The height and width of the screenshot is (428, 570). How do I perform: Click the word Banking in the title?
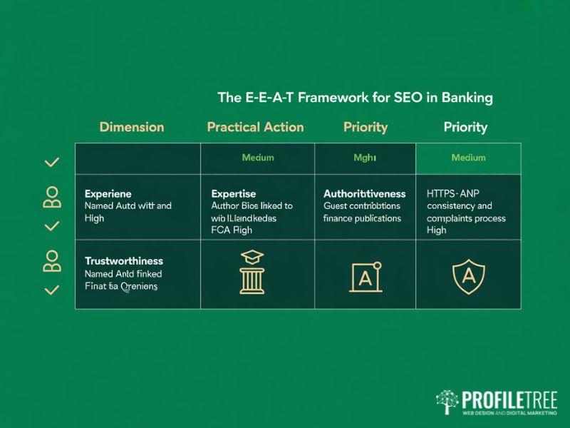click(466, 97)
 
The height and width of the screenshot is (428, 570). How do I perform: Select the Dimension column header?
click(132, 127)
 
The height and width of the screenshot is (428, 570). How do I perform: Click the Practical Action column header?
click(255, 127)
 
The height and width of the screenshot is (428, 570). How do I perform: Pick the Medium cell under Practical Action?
click(258, 158)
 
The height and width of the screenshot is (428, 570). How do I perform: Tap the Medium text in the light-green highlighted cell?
click(468, 158)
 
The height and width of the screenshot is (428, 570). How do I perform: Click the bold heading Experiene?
click(108, 194)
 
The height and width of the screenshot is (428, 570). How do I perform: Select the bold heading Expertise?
click(234, 194)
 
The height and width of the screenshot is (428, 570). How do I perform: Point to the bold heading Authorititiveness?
click(364, 194)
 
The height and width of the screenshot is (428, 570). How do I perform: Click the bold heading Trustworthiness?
click(124, 261)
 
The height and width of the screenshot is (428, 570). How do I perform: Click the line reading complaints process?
click(467, 218)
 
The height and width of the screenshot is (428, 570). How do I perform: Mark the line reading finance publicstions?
click(362, 218)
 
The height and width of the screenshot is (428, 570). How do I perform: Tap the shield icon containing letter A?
click(468, 275)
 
